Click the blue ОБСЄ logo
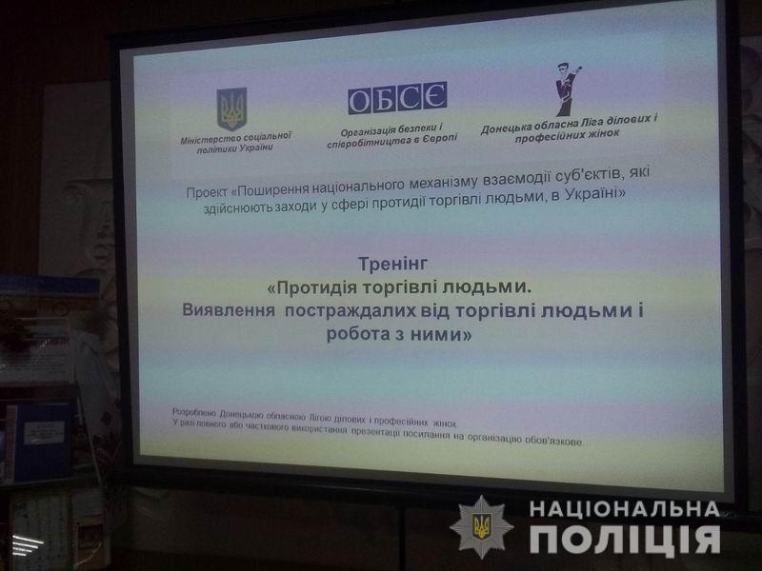tap(397, 98)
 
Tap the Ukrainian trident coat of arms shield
tap(231, 108)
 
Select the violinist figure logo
tap(568, 89)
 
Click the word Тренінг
tap(392, 265)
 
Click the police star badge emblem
tap(481, 527)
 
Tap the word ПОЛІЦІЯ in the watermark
tap(625, 539)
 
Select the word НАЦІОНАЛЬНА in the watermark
tap(625, 509)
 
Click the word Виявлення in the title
tap(229, 310)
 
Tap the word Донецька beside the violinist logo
tap(507, 128)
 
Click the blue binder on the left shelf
tap(44, 442)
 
